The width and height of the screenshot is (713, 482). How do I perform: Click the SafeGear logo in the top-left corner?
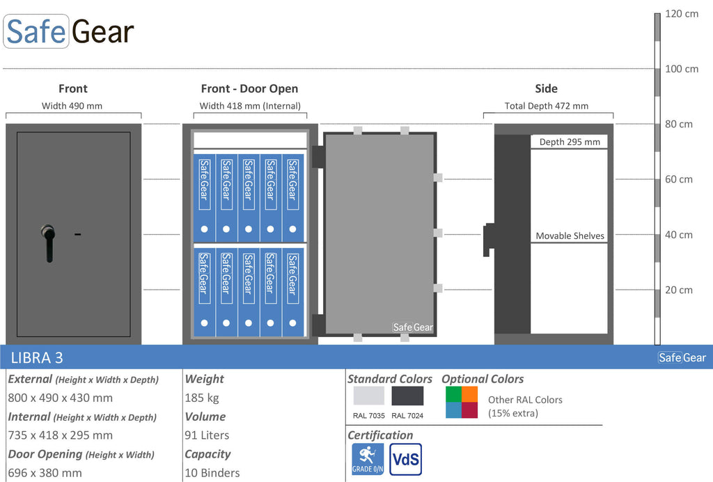pos(69,31)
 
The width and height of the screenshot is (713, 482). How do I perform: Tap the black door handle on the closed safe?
pos(48,243)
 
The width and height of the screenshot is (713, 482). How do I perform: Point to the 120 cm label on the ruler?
pos(681,14)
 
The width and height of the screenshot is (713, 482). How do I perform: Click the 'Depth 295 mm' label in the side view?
pos(570,142)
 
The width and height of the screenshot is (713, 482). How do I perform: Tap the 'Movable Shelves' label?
pos(570,235)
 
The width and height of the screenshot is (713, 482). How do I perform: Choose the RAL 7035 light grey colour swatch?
pos(369,396)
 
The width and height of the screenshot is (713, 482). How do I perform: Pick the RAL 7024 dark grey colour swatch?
pos(407,396)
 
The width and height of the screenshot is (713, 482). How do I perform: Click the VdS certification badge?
pos(406,459)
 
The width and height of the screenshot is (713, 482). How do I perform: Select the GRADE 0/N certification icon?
pos(368,459)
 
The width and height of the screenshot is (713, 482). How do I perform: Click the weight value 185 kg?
pos(201,398)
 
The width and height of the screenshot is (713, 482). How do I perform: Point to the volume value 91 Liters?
pos(206,435)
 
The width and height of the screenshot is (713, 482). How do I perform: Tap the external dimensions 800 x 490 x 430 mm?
pos(60,398)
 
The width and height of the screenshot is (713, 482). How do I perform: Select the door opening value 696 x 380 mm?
pos(45,473)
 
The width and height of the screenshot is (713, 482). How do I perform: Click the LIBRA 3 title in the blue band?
pos(37,358)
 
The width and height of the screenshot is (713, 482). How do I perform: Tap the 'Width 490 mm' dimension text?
pos(72,106)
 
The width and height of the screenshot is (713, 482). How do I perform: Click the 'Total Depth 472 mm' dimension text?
pos(546,106)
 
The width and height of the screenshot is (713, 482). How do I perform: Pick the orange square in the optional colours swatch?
pos(470,394)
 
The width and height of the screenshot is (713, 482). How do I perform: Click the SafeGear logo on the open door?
pos(413,327)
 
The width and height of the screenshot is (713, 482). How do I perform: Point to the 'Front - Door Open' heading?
pos(250,88)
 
